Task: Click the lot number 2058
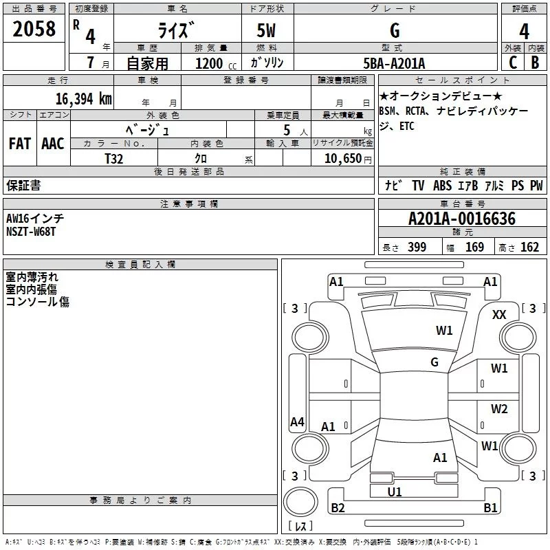(x=34, y=30)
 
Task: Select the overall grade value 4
(x=525, y=32)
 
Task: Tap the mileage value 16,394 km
(x=83, y=99)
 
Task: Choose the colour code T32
(x=114, y=158)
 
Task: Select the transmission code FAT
(x=19, y=144)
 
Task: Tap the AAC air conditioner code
(x=52, y=144)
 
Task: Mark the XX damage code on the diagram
(x=500, y=314)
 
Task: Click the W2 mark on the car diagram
(x=499, y=409)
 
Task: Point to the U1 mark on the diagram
(x=395, y=492)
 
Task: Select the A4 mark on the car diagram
(x=297, y=422)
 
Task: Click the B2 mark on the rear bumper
(x=338, y=508)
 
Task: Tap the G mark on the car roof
(x=434, y=362)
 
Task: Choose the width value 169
(x=474, y=247)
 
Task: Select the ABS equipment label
(x=442, y=185)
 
